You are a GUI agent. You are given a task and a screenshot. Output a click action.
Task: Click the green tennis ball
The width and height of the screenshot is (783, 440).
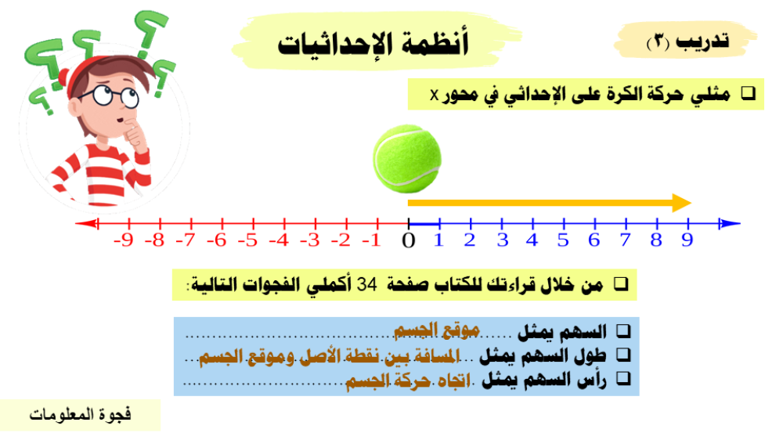[x=407, y=159]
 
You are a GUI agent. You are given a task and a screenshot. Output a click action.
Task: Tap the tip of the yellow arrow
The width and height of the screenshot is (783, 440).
[x=691, y=203]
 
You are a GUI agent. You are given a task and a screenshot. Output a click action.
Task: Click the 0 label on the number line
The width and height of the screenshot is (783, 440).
[x=409, y=240]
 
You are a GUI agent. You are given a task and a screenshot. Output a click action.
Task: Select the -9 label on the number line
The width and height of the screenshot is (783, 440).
[x=124, y=240]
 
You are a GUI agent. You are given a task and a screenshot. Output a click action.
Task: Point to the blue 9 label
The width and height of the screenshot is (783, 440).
[x=687, y=240]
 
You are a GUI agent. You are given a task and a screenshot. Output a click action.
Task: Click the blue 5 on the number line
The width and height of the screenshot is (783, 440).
[x=563, y=240]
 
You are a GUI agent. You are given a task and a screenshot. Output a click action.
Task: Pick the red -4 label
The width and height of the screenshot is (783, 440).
[x=279, y=240]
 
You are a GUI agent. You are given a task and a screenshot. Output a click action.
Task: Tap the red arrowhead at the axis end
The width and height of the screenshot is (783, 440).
[x=86, y=223]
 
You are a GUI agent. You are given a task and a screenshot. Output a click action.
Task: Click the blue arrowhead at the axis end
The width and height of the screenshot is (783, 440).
[x=730, y=223]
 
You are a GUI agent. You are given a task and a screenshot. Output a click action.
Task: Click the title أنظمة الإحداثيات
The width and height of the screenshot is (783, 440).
[x=373, y=44]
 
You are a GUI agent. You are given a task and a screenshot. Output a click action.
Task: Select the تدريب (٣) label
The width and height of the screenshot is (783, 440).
[x=687, y=41]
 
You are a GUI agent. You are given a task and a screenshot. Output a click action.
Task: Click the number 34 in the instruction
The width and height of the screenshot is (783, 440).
[x=367, y=285]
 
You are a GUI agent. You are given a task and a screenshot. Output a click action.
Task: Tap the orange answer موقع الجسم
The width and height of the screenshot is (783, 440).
[x=437, y=330]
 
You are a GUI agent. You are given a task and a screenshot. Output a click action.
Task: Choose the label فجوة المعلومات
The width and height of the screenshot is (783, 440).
[x=81, y=414]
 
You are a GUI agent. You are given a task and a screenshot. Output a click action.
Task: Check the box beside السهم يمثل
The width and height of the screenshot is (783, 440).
[x=623, y=330]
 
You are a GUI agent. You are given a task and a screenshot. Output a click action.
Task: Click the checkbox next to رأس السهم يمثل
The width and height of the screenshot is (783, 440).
[x=623, y=379]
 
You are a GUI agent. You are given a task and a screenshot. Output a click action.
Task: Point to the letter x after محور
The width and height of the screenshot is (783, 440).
[x=434, y=95]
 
